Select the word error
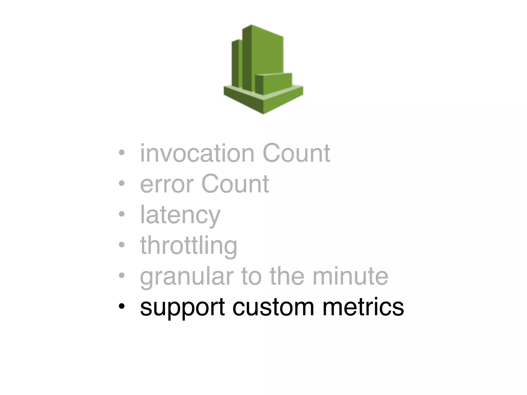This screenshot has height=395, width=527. [x=167, y=184]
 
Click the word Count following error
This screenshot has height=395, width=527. [x=235, y=184]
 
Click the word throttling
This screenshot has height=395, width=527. [x=188, y=246]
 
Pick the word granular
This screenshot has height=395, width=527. [x=187, y=277]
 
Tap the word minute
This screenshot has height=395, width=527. [x=350, y=276]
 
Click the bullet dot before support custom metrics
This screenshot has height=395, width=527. [x=121, y=307]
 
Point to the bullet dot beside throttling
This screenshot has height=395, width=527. [x=121, y=245]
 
